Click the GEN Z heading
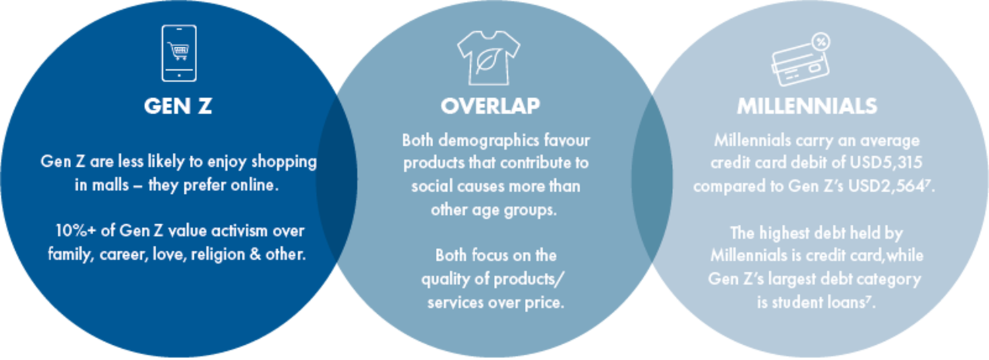tap(178, 106)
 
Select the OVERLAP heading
tap(490, 106)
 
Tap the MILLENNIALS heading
tap(807, 106)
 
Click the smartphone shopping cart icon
tap(179, 53)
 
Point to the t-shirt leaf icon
tap(489, 58)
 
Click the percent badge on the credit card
tap(821, 42)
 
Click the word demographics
tap(489, 141)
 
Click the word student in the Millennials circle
tap(799, 302)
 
